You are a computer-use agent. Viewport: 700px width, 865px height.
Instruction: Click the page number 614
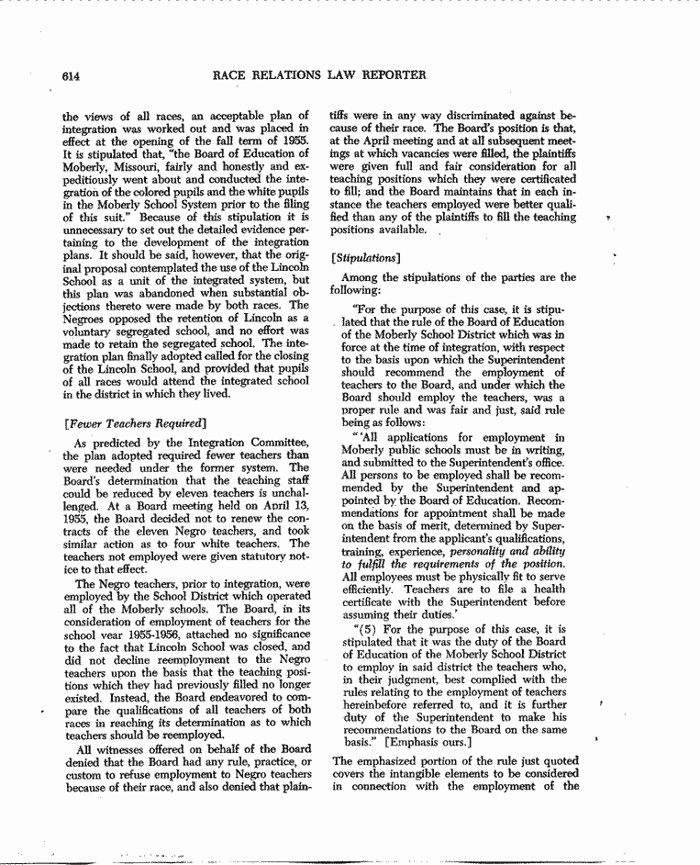pos(72,75)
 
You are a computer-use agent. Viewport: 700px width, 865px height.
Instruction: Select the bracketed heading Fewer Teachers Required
pos(132,422)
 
